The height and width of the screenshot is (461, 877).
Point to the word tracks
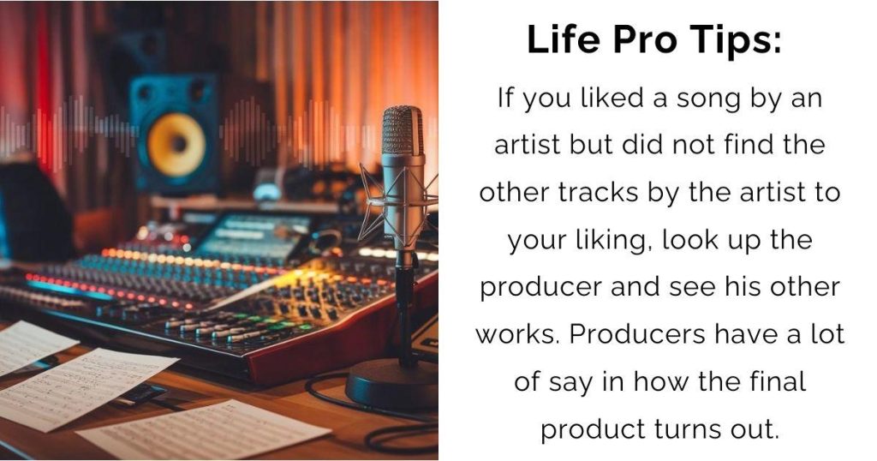click(598, 193)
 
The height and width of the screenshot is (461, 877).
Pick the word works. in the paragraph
click(518, 334)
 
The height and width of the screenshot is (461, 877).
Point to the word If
click(504, 98)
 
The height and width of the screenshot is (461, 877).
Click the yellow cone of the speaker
click(176, 144)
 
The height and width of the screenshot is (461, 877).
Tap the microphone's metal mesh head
click(403, 131)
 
